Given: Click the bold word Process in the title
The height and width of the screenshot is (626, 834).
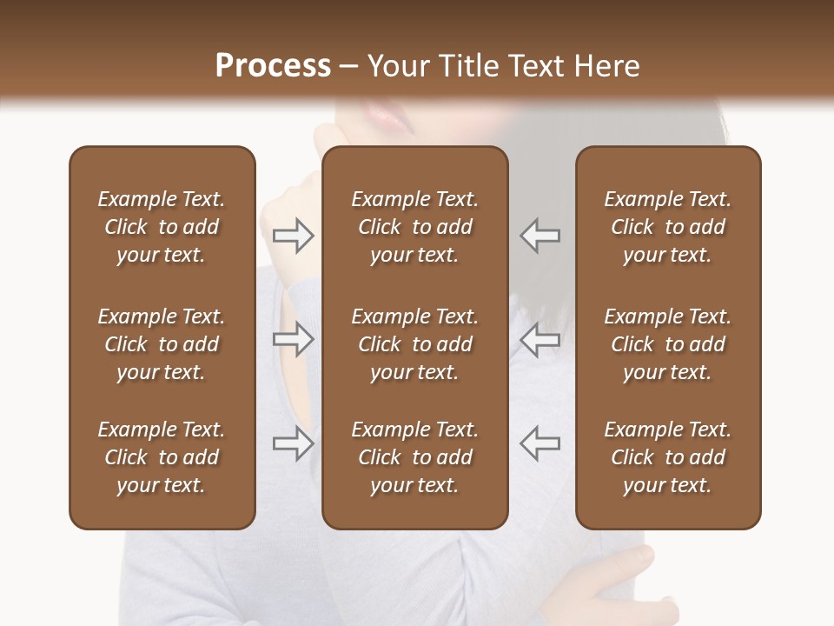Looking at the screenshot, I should point(273,66).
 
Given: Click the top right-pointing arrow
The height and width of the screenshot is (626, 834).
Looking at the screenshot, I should point(294,235).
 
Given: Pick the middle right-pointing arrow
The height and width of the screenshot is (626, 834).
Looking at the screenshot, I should point(294,339).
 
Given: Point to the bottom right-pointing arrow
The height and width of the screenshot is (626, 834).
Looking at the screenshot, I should point(294,443).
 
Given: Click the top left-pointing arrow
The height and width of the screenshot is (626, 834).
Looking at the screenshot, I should point(540,235).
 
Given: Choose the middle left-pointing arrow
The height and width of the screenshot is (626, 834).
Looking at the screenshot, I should point(540,339).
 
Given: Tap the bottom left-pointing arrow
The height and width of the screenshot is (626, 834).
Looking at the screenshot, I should point(540,443).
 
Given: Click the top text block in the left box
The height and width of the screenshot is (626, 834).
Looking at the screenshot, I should point(162,227).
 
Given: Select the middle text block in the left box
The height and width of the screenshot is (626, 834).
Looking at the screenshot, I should point(162,344).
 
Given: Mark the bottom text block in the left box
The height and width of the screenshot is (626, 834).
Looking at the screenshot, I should point(162,457).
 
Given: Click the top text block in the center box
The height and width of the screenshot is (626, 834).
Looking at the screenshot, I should point(415,227).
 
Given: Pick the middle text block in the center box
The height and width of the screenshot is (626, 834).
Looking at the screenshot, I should point(415,344).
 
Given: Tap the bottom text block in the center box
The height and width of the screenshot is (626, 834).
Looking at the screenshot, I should point(415,457).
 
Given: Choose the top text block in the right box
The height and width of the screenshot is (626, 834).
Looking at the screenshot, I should point(668,227).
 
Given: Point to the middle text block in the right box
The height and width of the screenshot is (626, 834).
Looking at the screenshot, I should point(668,344).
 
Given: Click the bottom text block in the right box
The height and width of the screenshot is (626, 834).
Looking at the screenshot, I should point(668,457).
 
